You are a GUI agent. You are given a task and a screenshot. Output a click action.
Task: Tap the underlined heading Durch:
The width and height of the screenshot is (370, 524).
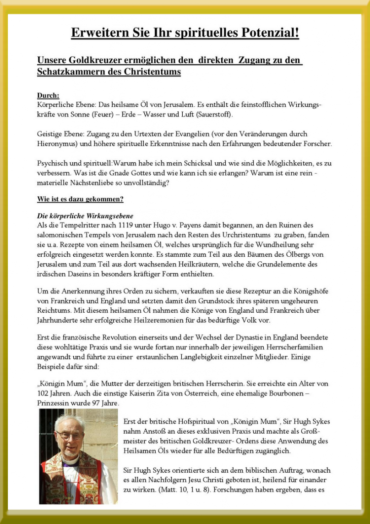pos(48,95)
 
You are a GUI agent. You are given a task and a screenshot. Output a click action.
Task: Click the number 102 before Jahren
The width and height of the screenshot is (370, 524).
pos(44,393)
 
